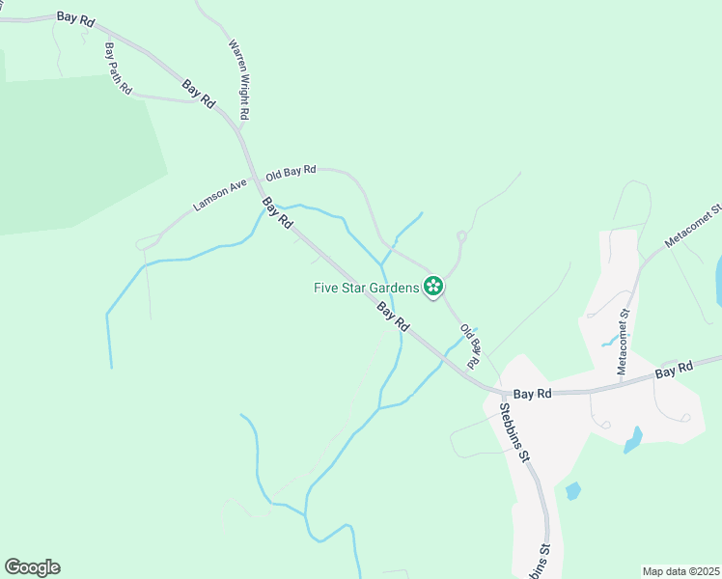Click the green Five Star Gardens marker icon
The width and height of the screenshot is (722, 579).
point(433,286)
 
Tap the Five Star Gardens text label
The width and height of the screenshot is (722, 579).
point(366,287)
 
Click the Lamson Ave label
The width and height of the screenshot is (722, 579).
point(214,193)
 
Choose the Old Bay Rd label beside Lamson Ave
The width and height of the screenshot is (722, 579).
point(291,171)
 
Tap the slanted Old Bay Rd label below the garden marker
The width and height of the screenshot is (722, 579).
point(470,345)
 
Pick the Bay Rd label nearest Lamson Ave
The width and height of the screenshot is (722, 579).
point(277,212)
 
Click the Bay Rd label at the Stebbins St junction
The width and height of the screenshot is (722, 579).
point(532,394)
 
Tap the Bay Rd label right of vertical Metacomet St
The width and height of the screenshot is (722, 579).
point(674,370)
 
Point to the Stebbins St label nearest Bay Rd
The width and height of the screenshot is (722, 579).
point(514,427)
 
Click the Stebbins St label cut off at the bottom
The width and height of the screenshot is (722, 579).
point(542,560)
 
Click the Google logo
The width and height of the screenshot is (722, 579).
point(32,567)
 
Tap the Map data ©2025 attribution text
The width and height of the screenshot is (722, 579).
point(681,571)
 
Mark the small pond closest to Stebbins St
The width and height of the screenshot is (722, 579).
point(572,490)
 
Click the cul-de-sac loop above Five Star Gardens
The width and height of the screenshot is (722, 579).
point(461,235)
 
